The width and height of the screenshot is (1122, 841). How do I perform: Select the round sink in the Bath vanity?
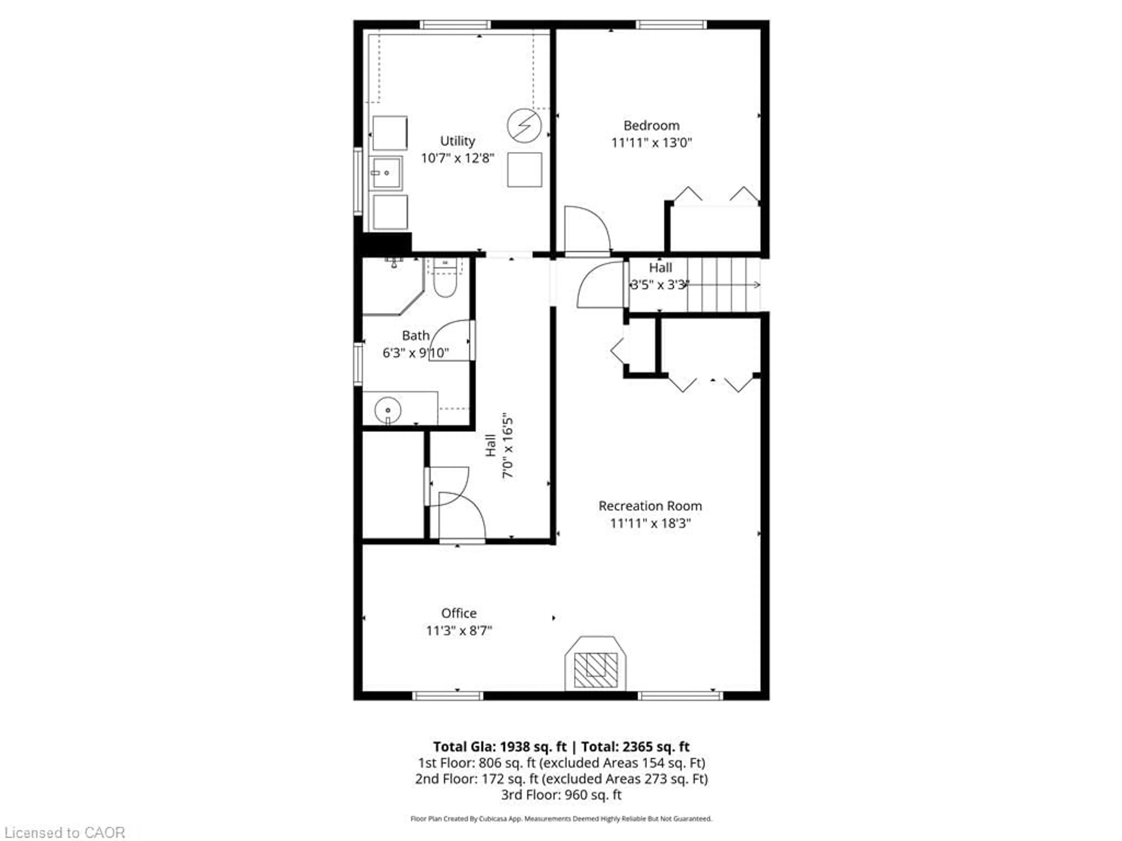388,410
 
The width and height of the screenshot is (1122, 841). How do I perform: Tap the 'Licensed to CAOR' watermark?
64,832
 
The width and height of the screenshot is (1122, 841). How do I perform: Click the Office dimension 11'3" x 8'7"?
458,631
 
